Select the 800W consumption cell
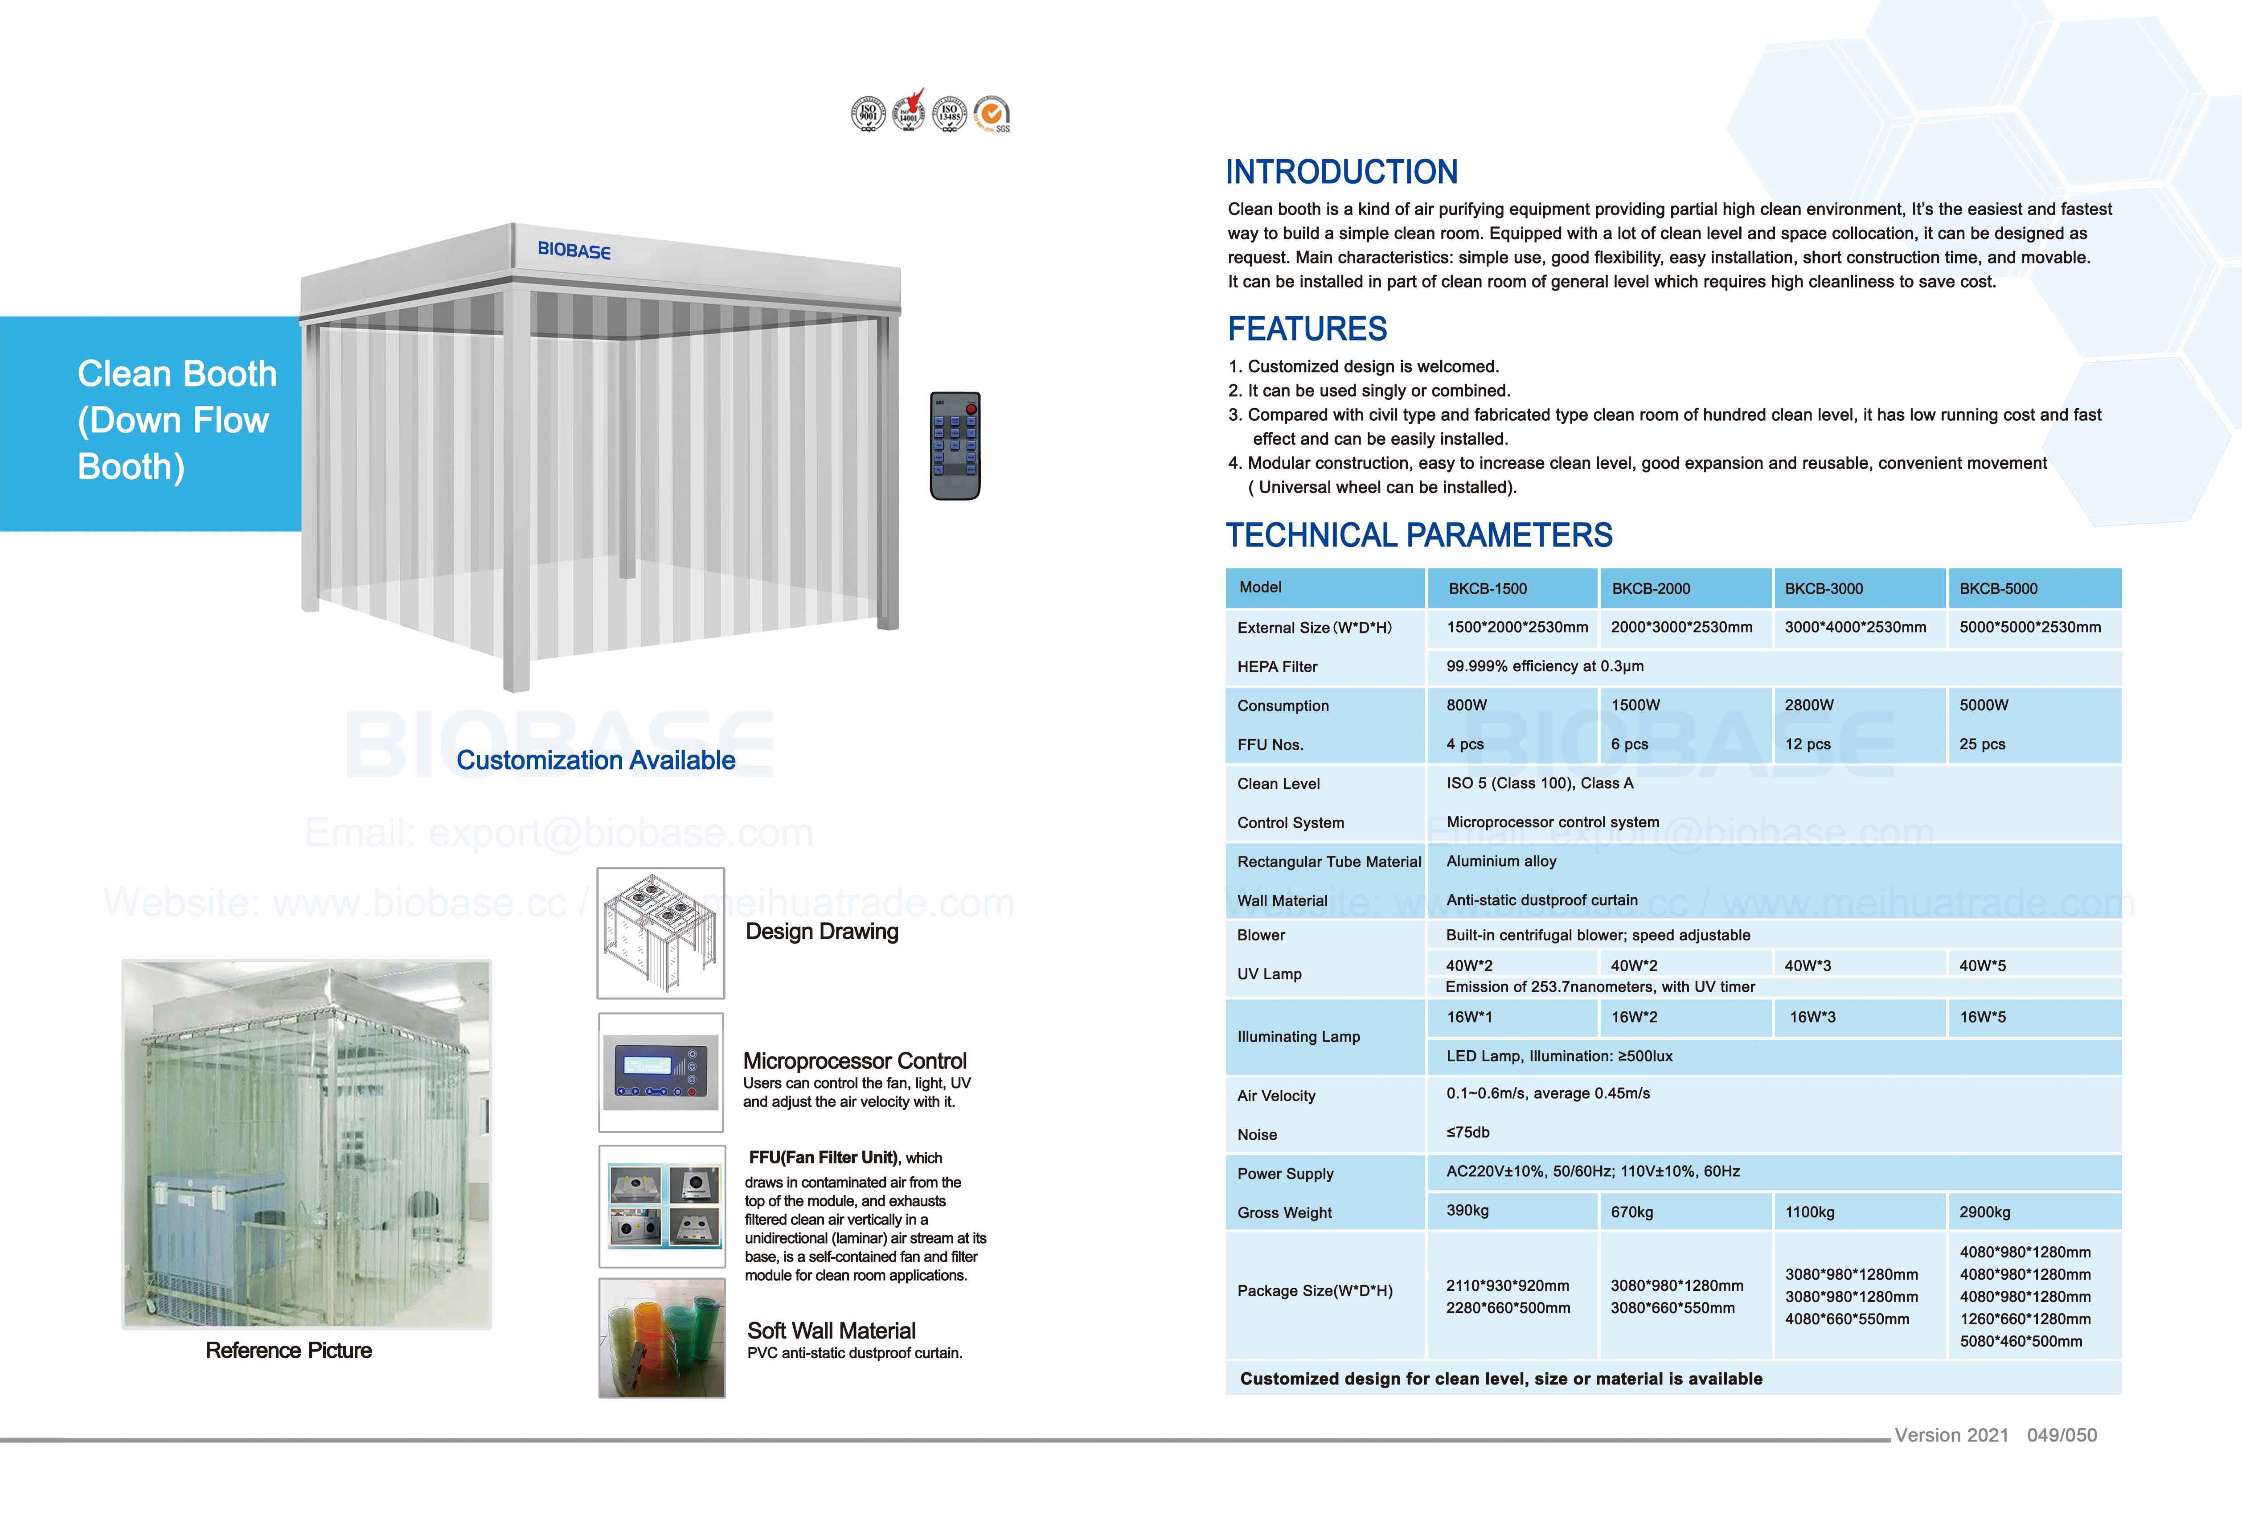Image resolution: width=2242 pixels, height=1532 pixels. (1466, 705)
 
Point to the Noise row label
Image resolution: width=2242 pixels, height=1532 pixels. (1257, 1134)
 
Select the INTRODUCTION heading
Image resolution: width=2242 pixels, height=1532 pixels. (1341, 172)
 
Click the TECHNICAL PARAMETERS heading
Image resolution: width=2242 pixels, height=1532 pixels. (1418, 535)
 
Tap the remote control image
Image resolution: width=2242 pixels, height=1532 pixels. (955, 446)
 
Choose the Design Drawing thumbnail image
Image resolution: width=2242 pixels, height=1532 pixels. (661, 932)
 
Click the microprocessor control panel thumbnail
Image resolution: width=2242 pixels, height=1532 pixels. (661, 1072)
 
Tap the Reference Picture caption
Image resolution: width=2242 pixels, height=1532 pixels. (288, 1350)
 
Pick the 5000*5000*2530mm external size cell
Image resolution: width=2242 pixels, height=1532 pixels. (2030, 627)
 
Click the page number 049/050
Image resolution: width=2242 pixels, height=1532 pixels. (2062, 1434)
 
